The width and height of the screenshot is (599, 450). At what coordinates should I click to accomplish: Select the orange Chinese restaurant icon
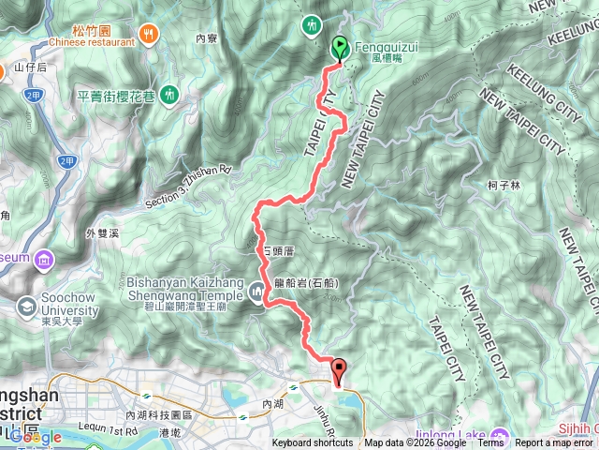point(149,35)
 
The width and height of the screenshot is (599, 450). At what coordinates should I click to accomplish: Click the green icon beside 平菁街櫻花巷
point(169,94)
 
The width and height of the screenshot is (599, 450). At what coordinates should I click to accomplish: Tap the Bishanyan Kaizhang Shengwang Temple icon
point(258,292)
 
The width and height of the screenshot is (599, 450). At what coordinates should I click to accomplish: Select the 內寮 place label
point(207,38)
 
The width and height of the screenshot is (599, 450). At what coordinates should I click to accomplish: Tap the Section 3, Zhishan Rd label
point(187,187)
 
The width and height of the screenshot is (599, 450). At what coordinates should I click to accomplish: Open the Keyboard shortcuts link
point(313,443)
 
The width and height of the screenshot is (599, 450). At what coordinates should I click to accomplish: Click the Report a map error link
point(556,443)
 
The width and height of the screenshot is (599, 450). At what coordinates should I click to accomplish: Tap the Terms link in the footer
point(490,443)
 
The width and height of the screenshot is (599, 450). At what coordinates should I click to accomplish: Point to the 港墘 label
point(170,432)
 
